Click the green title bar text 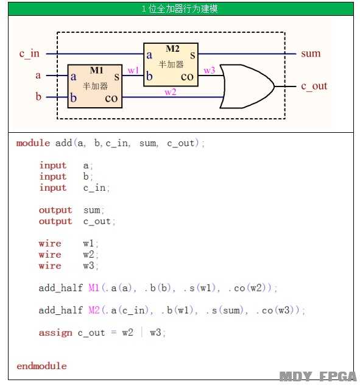point(180,9)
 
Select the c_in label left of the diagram point(29,53)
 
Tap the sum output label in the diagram point(311,53)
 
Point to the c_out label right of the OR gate point(314,86)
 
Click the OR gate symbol point(247,87)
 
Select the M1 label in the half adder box point(97,70)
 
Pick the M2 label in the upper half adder point(172,49)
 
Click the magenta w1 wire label point(133,71)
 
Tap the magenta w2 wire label point(171,92)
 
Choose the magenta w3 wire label point(209,71)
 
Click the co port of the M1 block point(111,98)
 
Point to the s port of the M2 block point(192,55)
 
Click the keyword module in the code point(33,143)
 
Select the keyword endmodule point(41,366)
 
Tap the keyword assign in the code point(55,333)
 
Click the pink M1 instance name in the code point(94,288)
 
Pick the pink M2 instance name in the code point(94,310)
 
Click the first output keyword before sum point(55,210)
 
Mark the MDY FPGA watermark point(318,376)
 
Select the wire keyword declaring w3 point(50,266)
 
